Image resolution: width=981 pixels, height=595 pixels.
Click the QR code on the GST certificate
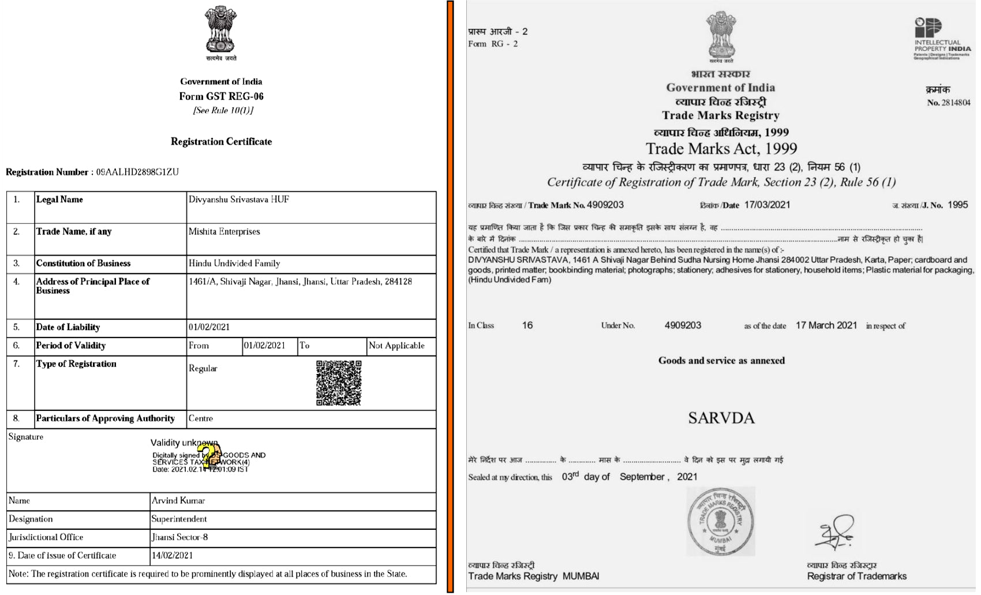click(x=339, y=383)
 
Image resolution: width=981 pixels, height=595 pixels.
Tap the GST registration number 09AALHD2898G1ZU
click(x=137, y=172)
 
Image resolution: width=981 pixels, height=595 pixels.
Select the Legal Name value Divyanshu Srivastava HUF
click(x=239, y=200)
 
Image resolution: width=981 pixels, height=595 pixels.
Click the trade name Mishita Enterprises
click(x=224, y=231)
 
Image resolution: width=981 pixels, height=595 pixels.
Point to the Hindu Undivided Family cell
click(x=234, y=263)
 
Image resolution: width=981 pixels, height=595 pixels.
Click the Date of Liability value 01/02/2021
click(x=209, y=327)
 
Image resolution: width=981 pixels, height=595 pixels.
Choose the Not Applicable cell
click(x=396, y=346)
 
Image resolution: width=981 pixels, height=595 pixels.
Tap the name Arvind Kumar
click(x=178, y=501)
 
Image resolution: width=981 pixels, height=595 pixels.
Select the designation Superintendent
click(x=179, y=519)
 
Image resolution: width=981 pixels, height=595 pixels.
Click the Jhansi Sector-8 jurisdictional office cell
click(x=179, y=537)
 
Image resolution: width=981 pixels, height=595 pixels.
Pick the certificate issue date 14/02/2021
click(x=172, y=556)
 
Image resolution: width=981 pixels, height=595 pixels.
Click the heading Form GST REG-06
click(x=221, y=96)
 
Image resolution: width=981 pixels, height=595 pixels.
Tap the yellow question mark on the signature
click(x=212, y=455)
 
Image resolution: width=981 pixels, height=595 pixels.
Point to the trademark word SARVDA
click(x=721, y=418)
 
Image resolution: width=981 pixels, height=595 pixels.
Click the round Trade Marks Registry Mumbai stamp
click(x=720, y=521)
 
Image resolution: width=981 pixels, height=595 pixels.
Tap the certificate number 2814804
click(x=956, y=103)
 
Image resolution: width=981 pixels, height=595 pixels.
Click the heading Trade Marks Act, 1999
click(x=721, y=149)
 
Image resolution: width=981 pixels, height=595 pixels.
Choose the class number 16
click(x=527, y=325)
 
